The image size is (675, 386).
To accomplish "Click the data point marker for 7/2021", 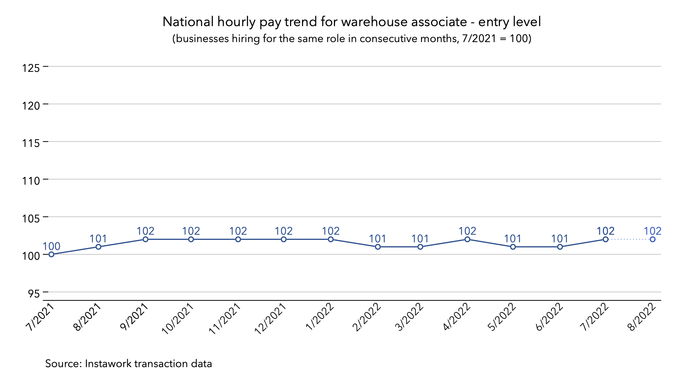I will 51,254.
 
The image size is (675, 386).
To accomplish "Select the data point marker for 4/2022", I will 467,239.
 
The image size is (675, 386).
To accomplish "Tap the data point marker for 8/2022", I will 653,239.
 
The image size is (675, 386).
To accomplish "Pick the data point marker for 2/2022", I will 378,247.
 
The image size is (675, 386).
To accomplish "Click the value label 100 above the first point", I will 51,246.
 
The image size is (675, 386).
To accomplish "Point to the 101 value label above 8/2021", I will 98,239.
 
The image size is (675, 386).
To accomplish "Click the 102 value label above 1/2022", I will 331,231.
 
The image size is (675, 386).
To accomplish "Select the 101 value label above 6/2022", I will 560,239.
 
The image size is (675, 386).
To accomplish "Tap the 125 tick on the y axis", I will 31,68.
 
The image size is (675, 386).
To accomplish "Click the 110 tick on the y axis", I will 31,181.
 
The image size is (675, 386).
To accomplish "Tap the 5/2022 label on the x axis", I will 502,317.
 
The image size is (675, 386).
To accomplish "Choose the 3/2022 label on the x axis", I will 410,317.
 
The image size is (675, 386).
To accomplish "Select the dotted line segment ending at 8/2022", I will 629,239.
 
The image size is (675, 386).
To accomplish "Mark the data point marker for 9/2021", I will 145,239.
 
